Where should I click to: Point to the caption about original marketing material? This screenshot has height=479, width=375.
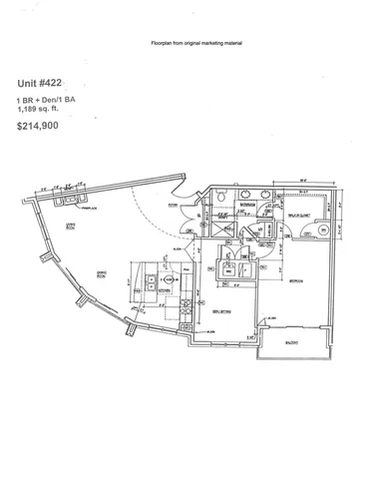pos(187,45)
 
